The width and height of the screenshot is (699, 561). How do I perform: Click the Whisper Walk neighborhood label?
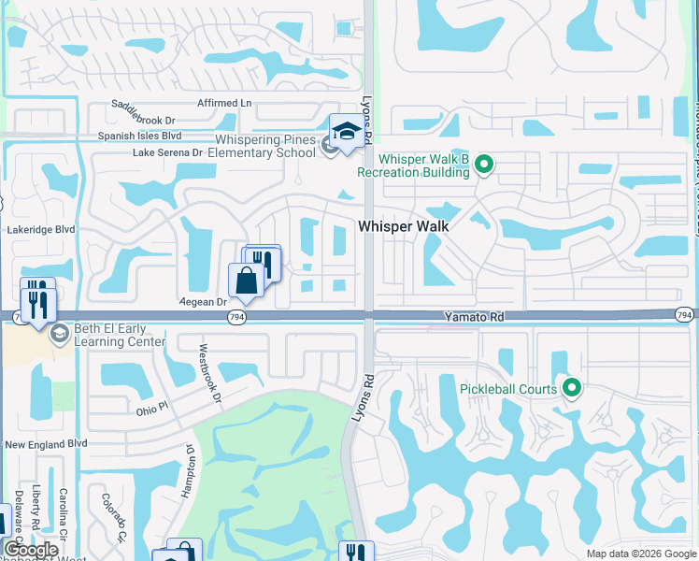tap(404, 226)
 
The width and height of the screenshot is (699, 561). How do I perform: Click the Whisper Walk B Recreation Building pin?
tap(483, 166)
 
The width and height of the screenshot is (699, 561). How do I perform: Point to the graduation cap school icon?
tap(347, 133)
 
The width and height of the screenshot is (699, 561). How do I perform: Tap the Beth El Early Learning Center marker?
tap(60, 334)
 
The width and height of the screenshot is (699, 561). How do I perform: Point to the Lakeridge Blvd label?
tap(38, 227)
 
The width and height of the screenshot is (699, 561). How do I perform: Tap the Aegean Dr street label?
tap(204, 302)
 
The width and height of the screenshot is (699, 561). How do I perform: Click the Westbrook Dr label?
tap(208, 375)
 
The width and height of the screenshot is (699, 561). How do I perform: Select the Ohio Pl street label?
tap(150, 407)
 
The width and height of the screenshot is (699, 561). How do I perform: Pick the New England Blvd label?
tap(45, 444)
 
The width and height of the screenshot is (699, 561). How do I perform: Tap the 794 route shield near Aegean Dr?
tap(236, 318)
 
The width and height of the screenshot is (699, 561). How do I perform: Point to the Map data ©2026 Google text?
tap(640, 554)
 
